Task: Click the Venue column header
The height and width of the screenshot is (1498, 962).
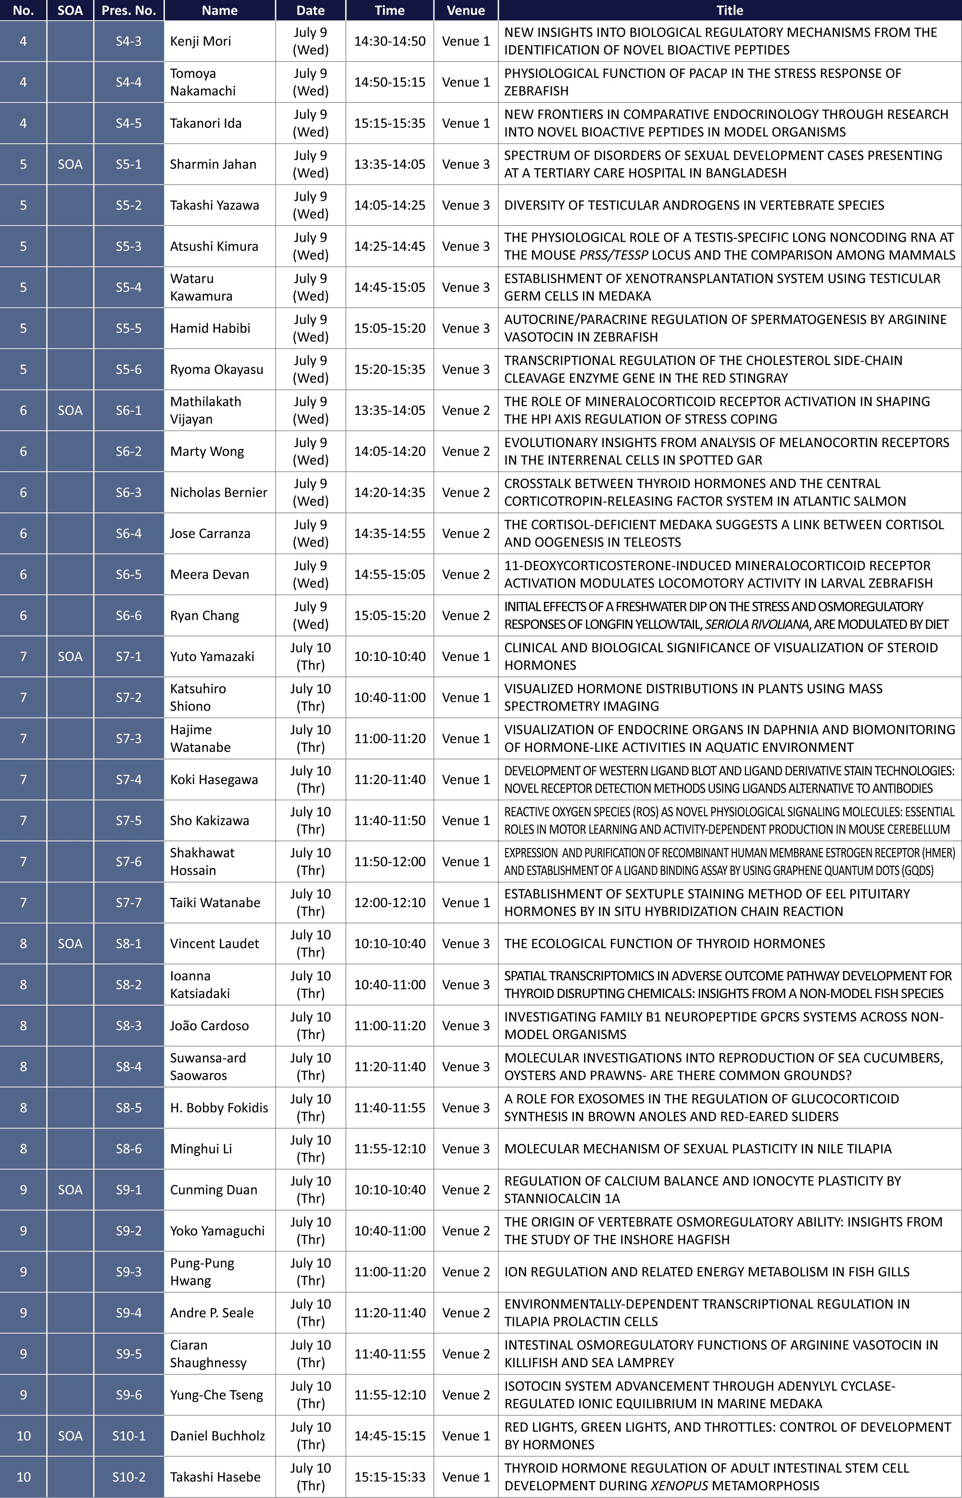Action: (466, 10)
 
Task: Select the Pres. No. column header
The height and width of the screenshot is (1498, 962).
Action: (129, 10)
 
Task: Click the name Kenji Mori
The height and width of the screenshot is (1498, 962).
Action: (201, 41)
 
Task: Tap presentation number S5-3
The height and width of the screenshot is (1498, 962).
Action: (129, 246)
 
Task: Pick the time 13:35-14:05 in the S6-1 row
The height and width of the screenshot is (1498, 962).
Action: (390, 410)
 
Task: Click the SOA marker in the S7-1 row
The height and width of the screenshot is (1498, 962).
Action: (70, 656)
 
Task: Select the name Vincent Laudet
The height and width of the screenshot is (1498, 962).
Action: (214, 943)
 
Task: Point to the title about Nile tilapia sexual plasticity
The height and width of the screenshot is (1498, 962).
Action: (698, 1148)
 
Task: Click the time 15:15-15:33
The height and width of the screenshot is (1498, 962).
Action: (390, 1477)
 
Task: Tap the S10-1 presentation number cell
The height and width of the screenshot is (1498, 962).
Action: (129, 1436)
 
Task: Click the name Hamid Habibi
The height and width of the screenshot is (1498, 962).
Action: (210, 328)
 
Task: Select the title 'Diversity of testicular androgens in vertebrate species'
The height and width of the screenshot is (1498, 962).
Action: (694, 205)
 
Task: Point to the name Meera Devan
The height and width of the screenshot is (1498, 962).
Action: (209, 574)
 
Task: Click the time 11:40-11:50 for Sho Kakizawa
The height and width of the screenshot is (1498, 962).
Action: (390, 820)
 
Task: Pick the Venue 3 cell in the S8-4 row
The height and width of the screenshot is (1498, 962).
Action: (466, 1066)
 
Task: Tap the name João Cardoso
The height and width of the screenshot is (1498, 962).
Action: (209, 1025)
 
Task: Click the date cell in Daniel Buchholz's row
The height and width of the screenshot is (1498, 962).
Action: (310, 1436)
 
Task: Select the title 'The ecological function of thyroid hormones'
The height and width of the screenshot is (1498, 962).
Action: (665, 943)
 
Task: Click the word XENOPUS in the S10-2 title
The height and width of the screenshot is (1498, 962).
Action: (679, 1486)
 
